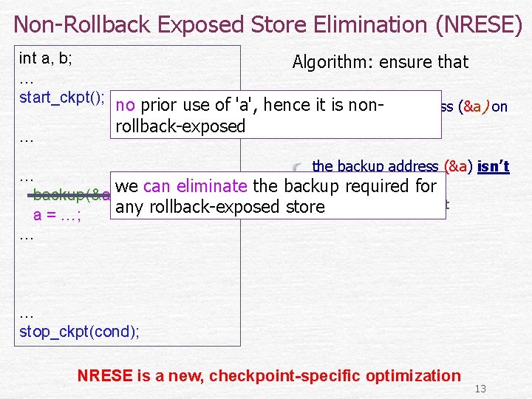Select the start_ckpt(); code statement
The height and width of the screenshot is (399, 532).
[x=62, y=97]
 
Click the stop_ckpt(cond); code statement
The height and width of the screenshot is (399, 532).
[x=79, y=330]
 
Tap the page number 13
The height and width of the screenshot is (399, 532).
[x=480, y=389]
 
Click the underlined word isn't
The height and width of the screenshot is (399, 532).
[x=494, y=167]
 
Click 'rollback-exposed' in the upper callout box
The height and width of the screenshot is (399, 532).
[x=180, y=126]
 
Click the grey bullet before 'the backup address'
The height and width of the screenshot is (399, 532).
[x=298, y=167]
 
